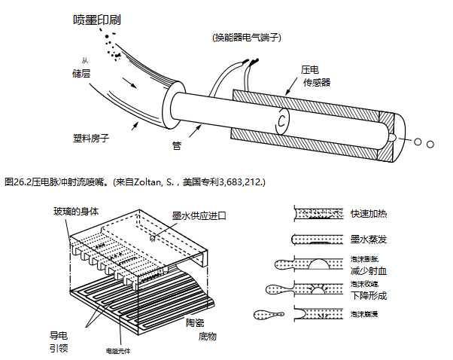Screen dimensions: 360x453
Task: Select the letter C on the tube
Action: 281,120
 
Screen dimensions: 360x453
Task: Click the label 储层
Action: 82,73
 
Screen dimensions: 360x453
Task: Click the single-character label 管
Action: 177,145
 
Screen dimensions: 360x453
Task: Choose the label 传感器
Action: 317,81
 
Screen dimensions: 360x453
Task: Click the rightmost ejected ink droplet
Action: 430,143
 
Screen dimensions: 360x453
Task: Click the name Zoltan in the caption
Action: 147,182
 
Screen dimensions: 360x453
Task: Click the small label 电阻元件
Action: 117,349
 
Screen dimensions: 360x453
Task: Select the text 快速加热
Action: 369,215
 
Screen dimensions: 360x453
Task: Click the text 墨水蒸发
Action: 369,239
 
